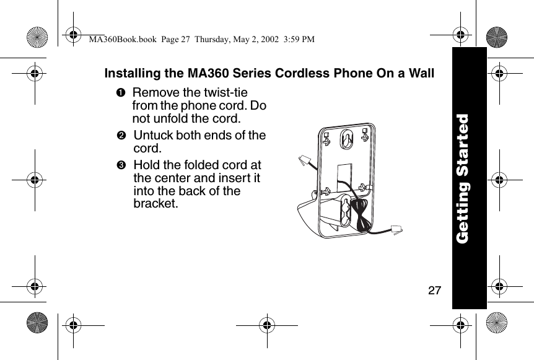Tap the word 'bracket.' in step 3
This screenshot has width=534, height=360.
tap(155, 203)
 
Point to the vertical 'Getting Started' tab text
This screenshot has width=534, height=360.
tap(468, 178)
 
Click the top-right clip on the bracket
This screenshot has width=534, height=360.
tap(365, 133)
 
